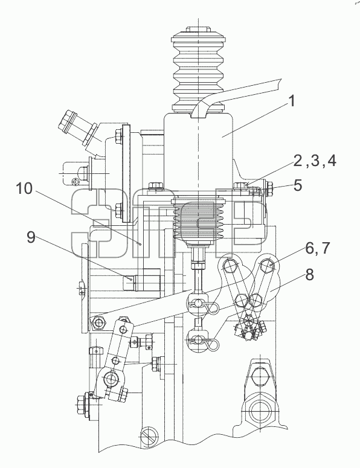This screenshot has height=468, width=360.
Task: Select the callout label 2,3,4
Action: click(315, 161)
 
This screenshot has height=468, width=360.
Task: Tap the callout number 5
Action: click(298, 185)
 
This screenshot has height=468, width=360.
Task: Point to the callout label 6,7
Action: click(317, 248)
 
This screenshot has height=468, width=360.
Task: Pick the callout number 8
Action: click(309, 275)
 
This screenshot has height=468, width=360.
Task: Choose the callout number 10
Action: click(25, 188)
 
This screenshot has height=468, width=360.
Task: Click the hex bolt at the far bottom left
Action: click(82, 405)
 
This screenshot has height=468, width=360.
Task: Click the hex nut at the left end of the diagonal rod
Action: click(98, 322)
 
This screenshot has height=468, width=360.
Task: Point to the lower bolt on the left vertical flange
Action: click(118, 208)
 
